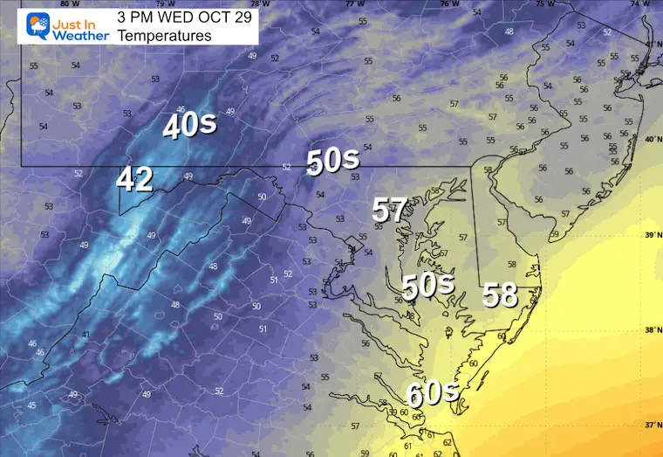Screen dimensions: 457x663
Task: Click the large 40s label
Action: tap(189, 126)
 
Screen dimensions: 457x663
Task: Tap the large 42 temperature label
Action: tap(135, 180)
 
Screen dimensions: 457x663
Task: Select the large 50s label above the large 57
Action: tap(332, 160)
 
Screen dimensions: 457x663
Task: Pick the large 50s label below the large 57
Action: tap(428, 285)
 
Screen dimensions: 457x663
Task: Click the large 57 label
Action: tap(390, 210)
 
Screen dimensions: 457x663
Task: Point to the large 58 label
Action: tap(501, 294)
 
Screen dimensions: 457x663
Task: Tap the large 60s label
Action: tap(434, 394)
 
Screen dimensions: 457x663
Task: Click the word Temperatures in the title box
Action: tap(164, 36)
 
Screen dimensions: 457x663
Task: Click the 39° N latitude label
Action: tap(650, 235)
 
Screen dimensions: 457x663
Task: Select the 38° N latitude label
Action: tap(650, 330)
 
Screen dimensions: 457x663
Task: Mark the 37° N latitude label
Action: tap(650, 426)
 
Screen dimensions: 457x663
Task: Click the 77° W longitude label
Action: tap(354, 3)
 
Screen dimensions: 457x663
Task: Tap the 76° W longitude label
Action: tap(448, 3)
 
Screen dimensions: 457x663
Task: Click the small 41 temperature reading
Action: tap(85, 335)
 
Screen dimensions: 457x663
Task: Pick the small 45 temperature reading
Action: tap(31, 405)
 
